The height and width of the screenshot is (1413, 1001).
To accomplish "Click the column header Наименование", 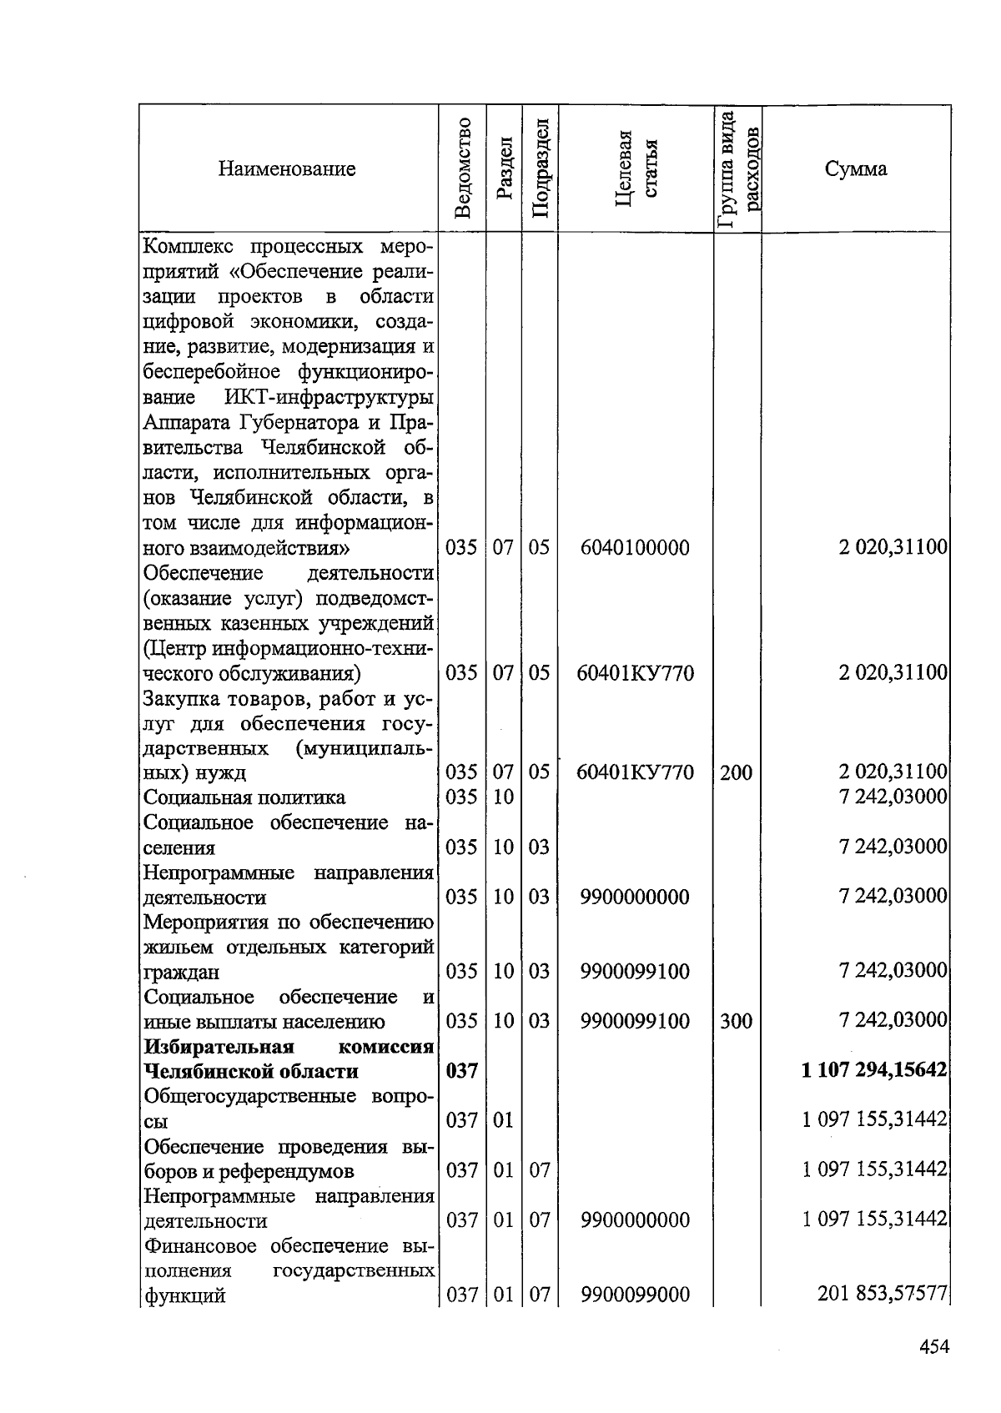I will (x=287, y=169).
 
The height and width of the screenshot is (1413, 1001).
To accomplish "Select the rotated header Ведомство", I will (x=463, y=169).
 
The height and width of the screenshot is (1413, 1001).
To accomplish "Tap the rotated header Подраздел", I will (x=540, y=169).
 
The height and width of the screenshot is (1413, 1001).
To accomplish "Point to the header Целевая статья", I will (x=636, y=169).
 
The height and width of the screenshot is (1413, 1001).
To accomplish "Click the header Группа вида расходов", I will (x=738, y=169).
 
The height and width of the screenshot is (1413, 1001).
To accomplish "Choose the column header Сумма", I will (x=856, y=169).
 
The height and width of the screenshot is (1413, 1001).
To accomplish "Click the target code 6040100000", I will (x=635, y=548).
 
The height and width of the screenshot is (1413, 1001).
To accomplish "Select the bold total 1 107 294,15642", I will (x=874, y=1070).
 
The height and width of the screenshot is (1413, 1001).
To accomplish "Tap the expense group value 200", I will (x=736, y=772).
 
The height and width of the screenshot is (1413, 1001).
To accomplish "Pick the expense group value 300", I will (x=736, y=1021).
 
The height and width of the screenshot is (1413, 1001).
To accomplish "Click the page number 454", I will (x=934, y=1347).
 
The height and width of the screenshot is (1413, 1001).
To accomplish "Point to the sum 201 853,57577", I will (x=883, y=1294).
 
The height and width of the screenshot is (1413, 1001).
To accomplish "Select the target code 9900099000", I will (x=635, y=1295).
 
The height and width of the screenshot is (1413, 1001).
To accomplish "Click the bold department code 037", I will (x=461, y=1071).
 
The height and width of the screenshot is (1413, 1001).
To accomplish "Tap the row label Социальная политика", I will (x=244, y=797).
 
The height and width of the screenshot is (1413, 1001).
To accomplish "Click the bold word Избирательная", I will (x=219, y=1047).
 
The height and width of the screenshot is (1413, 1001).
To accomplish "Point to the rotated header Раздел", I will (x=503, y=169).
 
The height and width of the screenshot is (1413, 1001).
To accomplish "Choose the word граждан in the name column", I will (x=182, y=973).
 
